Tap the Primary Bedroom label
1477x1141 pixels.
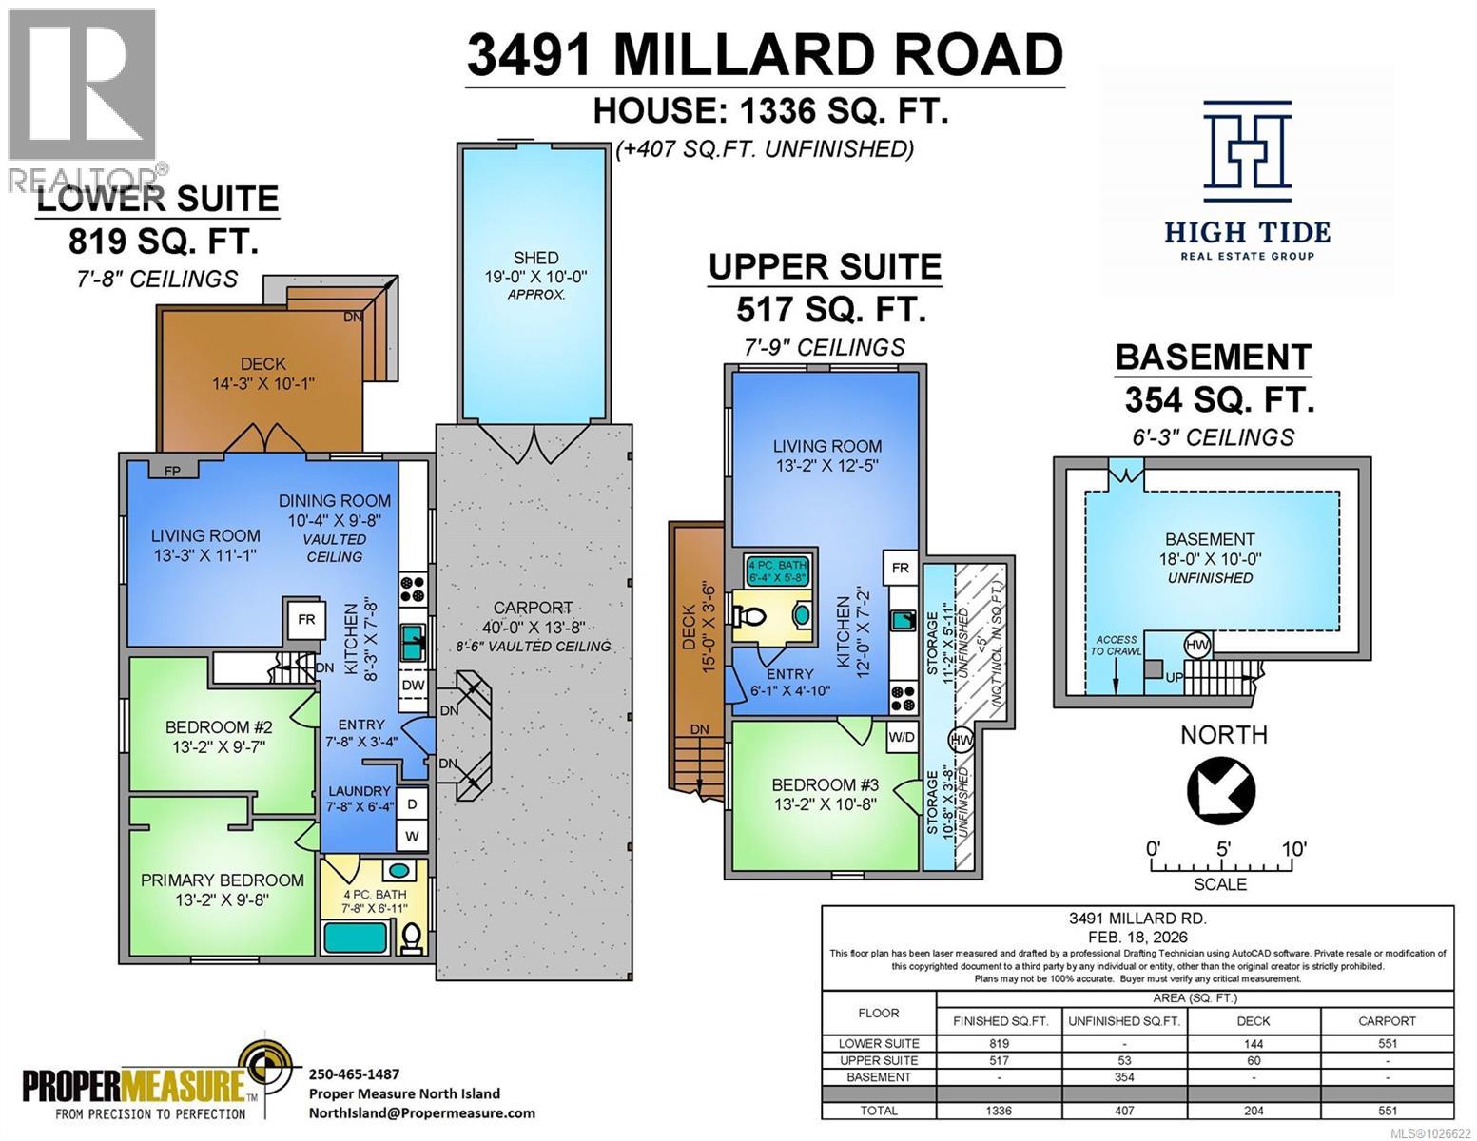pyautogui.click(x=222, y=880)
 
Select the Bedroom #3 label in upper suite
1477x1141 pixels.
pyautogui.click(x=824, y=785)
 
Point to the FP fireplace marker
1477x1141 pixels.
pyautogui.click(x=172, y=470)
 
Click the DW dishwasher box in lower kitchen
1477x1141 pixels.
pyautogui.click(x=413, y=686)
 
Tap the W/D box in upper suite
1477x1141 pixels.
pyautogui.click(x=902, y=736)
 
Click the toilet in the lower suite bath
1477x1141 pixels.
pyautogui.click(x=412, y=938)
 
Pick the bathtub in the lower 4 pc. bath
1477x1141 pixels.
pyautogui.click(x=355, y=938)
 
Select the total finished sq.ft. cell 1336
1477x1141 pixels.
pyautogui.click(x=999, y=1111)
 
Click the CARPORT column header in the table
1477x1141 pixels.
pyautogui.click(x=1386, y=1020)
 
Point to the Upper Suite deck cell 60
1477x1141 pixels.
pyautogui.click(x=1253, y=1060)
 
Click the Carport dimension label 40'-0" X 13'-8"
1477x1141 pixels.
pyautogui.click(x=532, y=627)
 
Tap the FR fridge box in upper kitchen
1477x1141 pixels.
pyautogui.click(x=900, y=569)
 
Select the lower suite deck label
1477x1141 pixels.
pyautogui.click(x=262, y=374)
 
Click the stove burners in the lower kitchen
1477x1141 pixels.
pyautogui.click(x=413, y=589)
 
